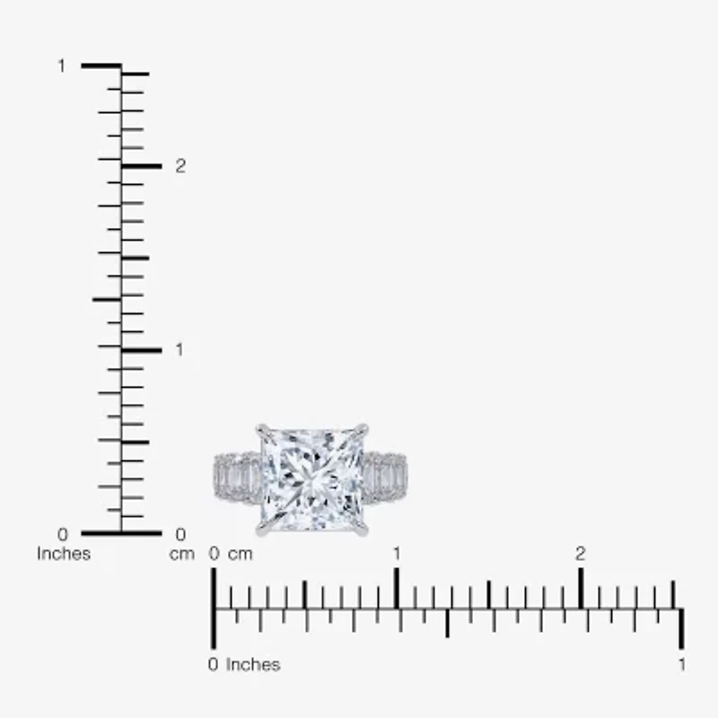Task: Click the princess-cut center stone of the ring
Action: point(312,478)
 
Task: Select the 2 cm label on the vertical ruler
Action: point(180,166)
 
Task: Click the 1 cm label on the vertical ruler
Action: point(179,349)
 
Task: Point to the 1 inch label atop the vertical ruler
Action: point(62,66)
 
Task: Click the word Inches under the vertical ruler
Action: point(64,554)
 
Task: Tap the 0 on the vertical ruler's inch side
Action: point(62,535)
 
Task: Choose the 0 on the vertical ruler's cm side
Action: point(180,535)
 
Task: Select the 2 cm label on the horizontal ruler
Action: point(581,554)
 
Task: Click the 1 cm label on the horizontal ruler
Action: point(397,554)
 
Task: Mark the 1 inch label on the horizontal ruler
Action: point(682,665)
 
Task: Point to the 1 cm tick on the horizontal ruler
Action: point(397,588)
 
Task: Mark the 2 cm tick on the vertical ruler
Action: point(142,166)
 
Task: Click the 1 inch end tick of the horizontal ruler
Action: point(682,628)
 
